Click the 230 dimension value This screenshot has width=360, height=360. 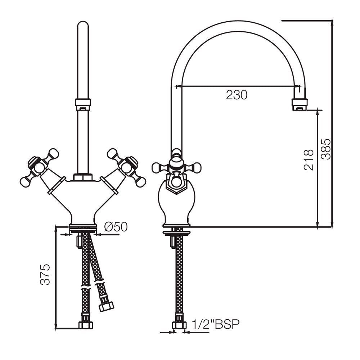coord(237,95)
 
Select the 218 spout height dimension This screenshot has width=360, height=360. coord(309,160)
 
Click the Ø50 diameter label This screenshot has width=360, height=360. coord(116,227)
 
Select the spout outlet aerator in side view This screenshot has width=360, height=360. coord(300,104)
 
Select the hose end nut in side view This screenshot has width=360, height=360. coord(179,325)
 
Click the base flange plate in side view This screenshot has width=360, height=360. coord(176,233)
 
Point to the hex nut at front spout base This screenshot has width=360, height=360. coord(83,177)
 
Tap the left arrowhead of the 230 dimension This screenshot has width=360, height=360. coord(176,86)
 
